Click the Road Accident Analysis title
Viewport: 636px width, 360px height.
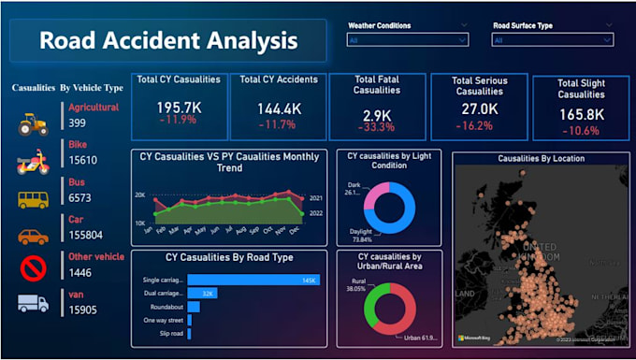[x=168, y=41]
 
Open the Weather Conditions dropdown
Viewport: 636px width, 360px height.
[x=407, y=40]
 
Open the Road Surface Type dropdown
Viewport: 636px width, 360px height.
[x=553, y=40]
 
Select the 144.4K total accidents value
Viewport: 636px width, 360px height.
[x=278, y=108]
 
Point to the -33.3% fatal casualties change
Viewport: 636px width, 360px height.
[x=377, y=126]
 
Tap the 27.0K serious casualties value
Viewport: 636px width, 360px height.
[x=473, y=109]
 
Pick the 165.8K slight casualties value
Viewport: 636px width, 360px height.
[x=581, y=115]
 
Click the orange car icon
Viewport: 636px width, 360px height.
[x=34, y=237]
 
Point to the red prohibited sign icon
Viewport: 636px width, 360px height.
[x=34, y=269]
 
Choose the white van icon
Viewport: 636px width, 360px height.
[x=34, y=303]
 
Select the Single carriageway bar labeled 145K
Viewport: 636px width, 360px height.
[x=253, y=280]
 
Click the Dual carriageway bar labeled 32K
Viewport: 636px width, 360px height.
[x=203, y=293]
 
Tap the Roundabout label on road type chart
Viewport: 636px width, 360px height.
[x=166, y=306]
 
